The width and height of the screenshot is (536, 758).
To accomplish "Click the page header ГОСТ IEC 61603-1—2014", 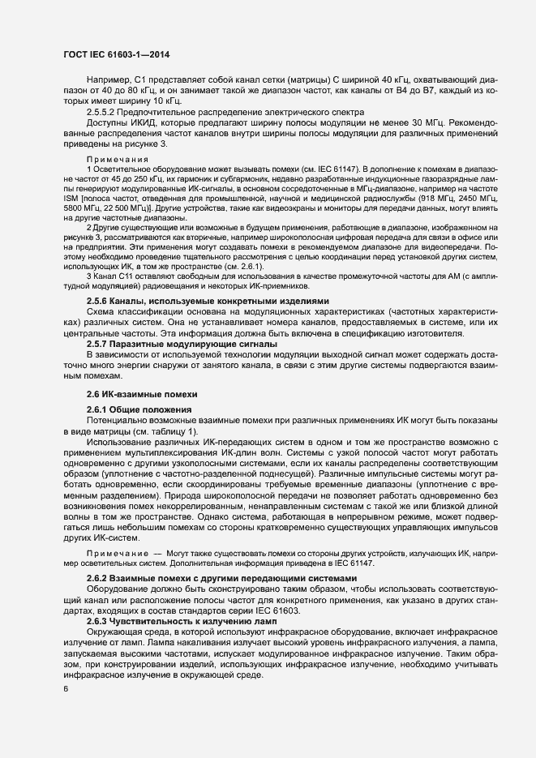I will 115,54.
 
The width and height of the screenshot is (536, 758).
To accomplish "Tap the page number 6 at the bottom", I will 65,690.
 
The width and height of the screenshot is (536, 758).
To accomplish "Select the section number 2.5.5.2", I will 105,111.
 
